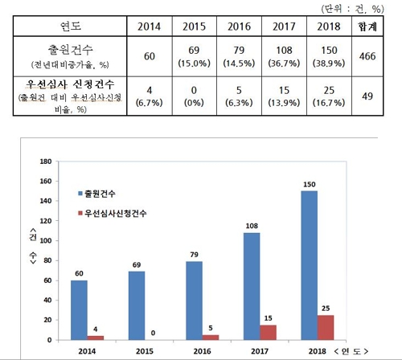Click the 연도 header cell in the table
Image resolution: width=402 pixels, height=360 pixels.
(68, 27)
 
